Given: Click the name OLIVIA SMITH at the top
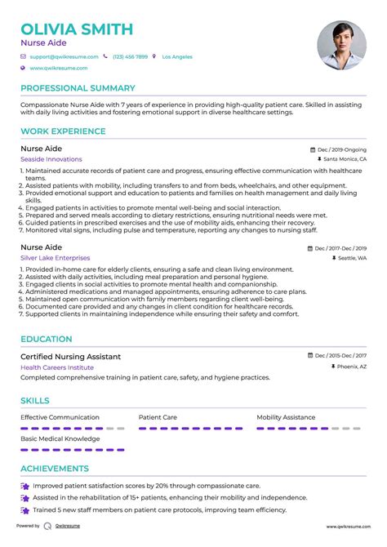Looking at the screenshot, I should click(77, 29).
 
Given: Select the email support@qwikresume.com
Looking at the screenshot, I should click(64, 57).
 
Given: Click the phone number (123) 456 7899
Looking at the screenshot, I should click(130, 57).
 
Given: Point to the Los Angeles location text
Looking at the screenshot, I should click(177, 57).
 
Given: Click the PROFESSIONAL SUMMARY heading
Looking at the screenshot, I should click(78, 88).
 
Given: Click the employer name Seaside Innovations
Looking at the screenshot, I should click(51, 159).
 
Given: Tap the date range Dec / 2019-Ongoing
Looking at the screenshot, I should click(342, 150).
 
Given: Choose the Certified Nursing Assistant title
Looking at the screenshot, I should click(70, 357).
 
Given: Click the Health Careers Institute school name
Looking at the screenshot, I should click(57, 367).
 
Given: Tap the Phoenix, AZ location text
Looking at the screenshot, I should click(349, 367).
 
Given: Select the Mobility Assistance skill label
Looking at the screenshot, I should click(286, 417).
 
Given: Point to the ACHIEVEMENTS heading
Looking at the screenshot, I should click(55, 469).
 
